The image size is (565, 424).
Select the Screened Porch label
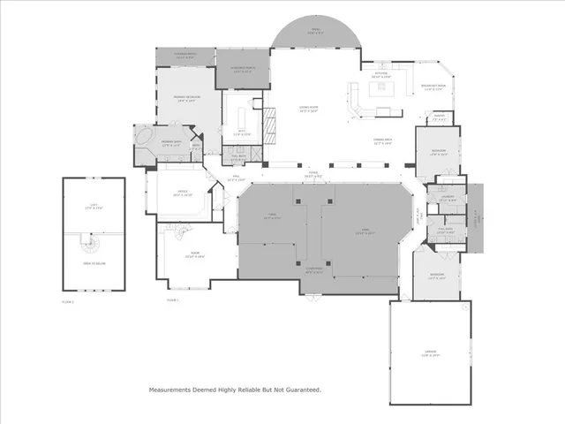pyautogui.click(x=242, y=69)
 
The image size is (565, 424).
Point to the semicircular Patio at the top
pyautogui.click(x=315, y=33)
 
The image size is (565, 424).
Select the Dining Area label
pyautogui.click(x=381, y=141)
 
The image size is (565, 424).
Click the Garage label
pyautogui.click(x=430, y=355)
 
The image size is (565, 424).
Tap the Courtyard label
pyautogui.click(x=313, y=271)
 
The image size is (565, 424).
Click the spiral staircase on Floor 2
pyautogui.click(x=87, y=240)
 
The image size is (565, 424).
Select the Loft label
pyautogui.click(x=92, y=207)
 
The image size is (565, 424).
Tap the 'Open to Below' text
pyautogui.click(x=94, y=262)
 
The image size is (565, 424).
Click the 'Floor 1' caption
pyautogui.click(x=172, y=301)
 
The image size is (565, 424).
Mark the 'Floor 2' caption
pyautogui.click(x=68, y=301)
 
